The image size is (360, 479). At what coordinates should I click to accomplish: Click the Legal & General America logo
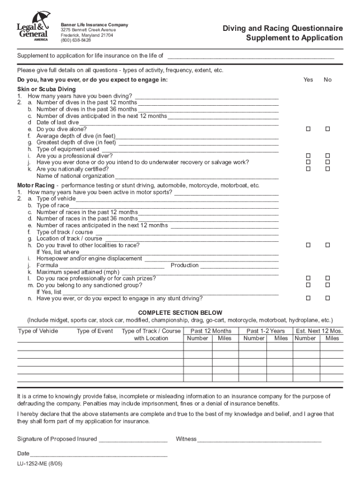point(32,27)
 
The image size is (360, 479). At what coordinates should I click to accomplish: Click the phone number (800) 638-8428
point(76,41)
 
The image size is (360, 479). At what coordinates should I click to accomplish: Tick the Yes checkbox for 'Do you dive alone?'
point(308,129)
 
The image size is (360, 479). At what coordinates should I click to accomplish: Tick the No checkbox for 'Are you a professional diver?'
point(327,156)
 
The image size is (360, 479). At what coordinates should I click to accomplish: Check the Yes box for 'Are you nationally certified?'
point(308,169)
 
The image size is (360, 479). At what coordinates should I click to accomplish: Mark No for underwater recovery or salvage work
point(327,162)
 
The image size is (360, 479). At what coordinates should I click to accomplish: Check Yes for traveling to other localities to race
point(308,245)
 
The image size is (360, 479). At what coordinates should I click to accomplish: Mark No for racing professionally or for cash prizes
point(327,278)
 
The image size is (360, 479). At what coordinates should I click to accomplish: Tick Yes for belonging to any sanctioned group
point(308,285)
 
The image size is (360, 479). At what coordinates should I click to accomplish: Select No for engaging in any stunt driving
point(327,298)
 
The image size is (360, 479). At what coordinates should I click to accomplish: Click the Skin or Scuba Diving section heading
point(46,89)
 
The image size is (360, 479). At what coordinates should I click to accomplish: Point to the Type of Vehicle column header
point(38,331)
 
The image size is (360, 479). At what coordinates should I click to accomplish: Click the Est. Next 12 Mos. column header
point(319,331)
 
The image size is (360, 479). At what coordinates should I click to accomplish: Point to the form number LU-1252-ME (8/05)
point(40,465)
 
